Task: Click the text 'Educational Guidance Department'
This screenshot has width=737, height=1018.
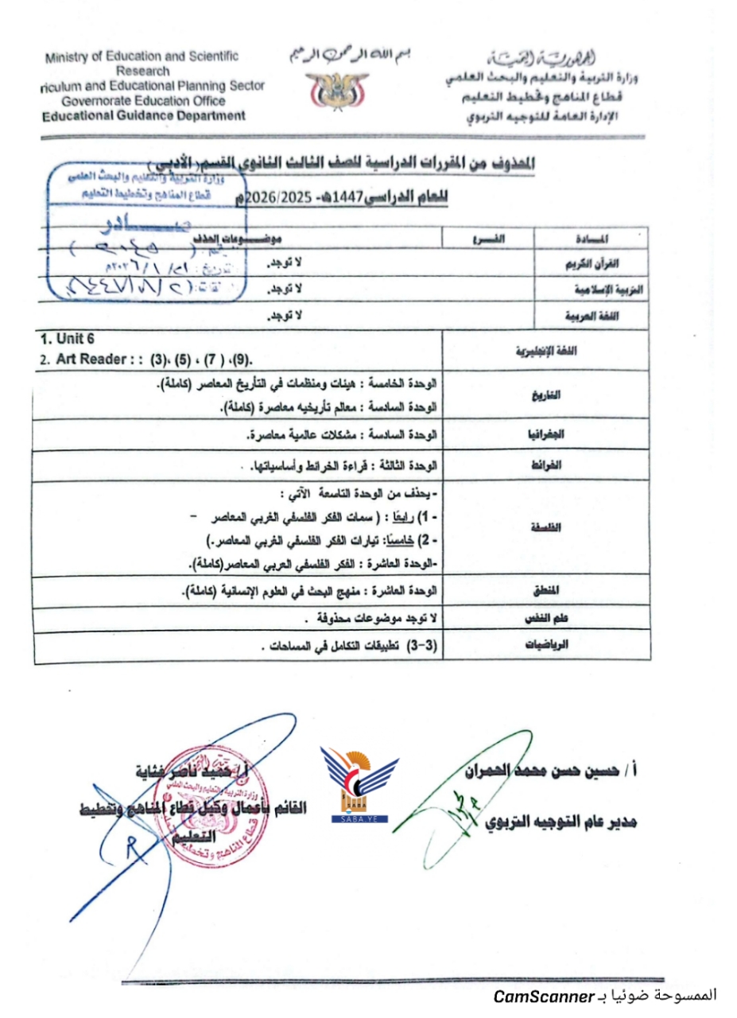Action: pos(144,116)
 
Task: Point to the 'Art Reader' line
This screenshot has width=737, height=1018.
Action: pos(151,359)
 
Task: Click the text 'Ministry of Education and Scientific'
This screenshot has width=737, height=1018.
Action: pos(142,57)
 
